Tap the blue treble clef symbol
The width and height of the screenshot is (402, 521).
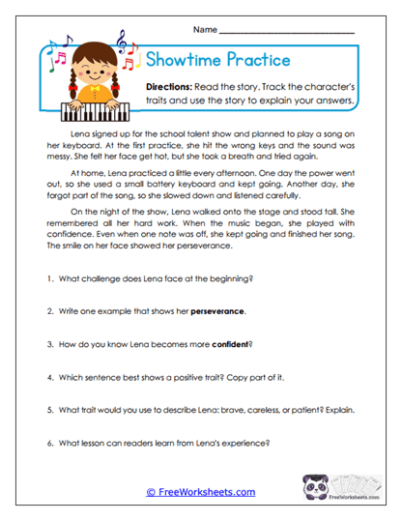coord(122,41)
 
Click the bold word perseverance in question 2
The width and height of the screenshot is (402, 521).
coord(217,311)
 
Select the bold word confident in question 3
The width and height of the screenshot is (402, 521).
coord(225,344)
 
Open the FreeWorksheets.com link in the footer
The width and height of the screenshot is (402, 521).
coord(200,492)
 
